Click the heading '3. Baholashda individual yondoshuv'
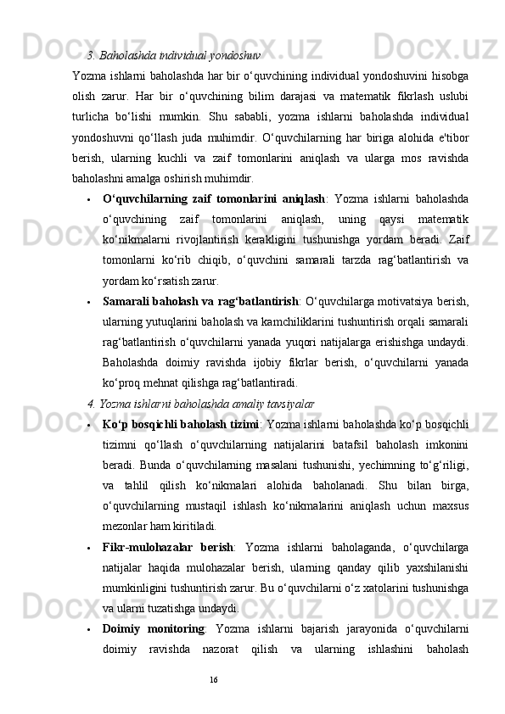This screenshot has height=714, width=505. coord(173,57)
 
